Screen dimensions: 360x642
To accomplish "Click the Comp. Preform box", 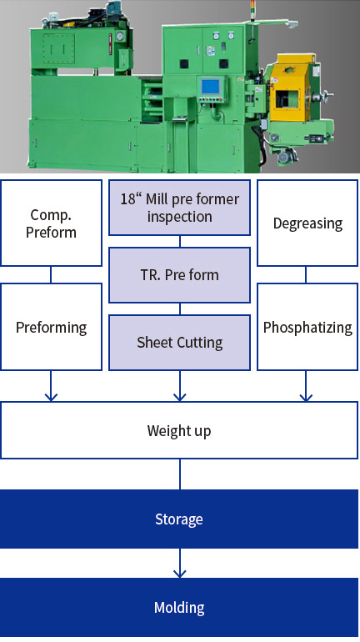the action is (51, 223).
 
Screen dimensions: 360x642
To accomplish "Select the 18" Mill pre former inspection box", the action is (180, 208).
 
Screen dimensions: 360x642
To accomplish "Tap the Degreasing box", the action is (307, 223).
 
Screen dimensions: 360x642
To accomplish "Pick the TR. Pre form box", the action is (180, 275).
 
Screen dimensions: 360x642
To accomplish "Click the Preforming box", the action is (51, 327).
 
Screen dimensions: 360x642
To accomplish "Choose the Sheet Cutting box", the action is (180, 343).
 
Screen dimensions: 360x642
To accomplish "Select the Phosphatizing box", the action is (307, 327).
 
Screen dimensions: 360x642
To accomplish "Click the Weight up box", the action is (179, 430).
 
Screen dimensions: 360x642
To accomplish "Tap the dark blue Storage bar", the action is (179, 519).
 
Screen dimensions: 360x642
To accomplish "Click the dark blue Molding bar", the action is (179, 608).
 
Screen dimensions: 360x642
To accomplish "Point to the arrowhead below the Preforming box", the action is (51, 397).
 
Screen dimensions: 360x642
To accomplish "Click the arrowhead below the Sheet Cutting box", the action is (180, 397).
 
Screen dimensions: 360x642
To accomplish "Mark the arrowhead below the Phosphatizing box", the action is (306, 397).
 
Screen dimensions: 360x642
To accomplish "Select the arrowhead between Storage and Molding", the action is (180, 574).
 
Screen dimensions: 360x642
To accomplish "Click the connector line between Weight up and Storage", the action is (180, 474).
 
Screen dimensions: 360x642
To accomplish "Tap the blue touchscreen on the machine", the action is (211, 87).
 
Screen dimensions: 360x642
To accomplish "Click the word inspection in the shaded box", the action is (180, 216).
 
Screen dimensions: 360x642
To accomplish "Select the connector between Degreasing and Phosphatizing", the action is (306, 275).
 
